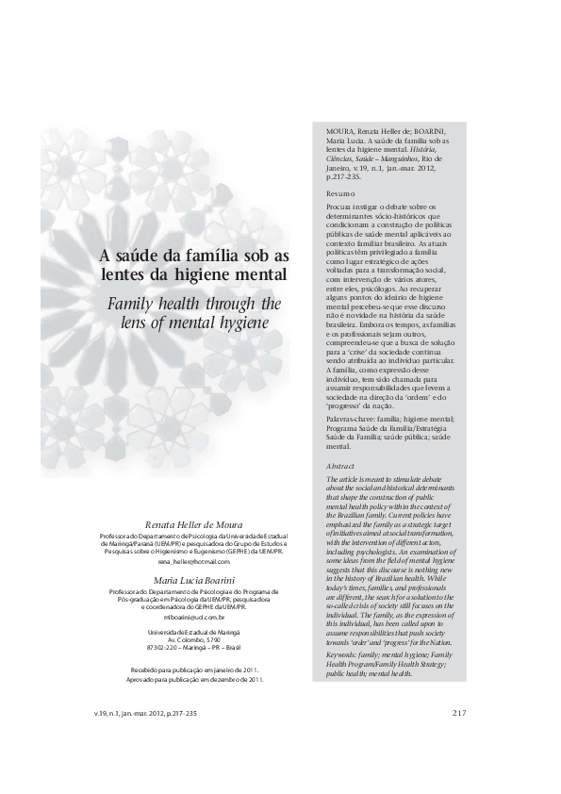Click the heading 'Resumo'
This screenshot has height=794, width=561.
click(340, 192)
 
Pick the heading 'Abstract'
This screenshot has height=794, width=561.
click(340, 467)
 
